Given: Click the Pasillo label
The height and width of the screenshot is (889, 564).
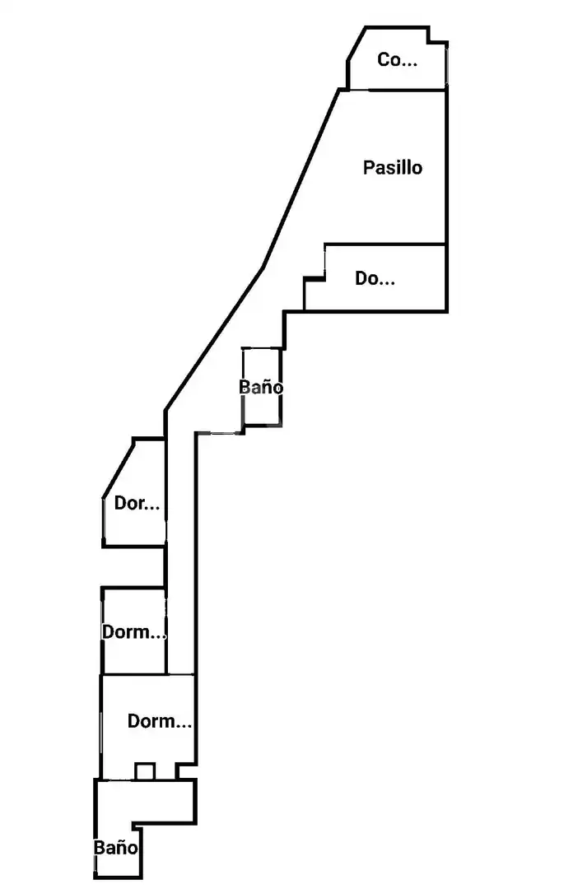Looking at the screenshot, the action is click(392, 168).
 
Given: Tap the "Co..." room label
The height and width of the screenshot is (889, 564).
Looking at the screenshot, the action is click(398, 59).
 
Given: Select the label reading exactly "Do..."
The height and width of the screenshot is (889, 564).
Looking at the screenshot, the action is click(375, 278).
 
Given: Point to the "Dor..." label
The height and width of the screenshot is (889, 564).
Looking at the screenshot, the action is click(137, 503).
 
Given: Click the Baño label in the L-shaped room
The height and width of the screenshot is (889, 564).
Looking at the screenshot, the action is click(115, 848).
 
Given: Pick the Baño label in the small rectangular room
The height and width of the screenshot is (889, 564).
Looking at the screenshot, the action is click(261, 387).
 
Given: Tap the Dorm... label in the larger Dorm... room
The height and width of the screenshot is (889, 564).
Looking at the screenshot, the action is click(159, 721).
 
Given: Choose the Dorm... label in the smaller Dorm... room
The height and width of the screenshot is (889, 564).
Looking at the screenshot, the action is click(133, 632).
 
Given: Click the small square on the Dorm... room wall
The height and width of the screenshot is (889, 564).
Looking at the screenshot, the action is click(145, 771).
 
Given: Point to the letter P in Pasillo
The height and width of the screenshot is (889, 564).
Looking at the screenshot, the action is click(368, 168).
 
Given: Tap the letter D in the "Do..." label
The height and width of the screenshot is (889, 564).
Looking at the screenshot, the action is click(361, 278).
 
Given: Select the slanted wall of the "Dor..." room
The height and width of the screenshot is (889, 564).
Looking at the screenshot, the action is click(119, 468).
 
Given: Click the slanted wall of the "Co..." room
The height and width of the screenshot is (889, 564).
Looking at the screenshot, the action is click(356, 43).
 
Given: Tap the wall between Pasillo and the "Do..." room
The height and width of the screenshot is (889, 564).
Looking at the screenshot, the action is click(385, 245).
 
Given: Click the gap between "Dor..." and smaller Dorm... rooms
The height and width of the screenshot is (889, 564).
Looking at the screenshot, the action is click(133, 567).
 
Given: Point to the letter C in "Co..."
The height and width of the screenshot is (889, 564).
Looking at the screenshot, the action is click(383, 59).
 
